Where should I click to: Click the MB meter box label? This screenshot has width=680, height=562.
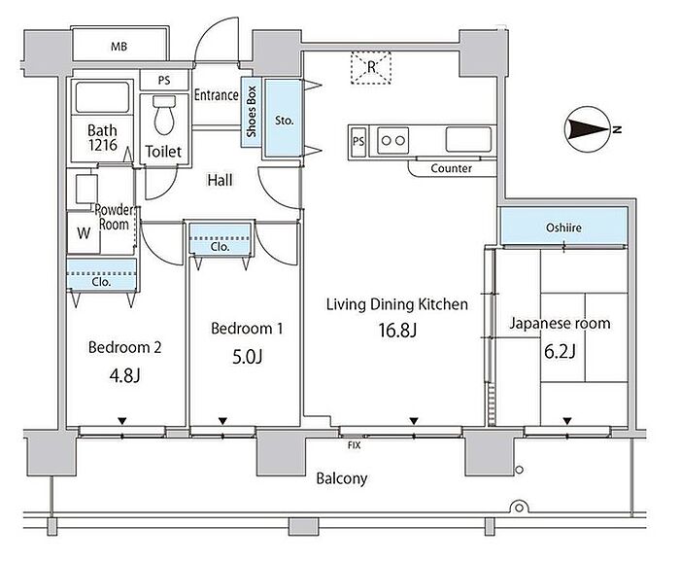(x=119, y=46)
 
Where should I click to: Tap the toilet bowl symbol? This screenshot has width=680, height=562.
(x=164, y=115)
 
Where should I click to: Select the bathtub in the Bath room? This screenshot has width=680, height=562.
(x=102, y=97)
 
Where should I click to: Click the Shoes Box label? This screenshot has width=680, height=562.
(x=252, y=112)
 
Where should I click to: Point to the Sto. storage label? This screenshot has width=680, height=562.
(x=284, y=121)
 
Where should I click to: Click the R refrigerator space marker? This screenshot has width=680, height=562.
(x=371, y=67)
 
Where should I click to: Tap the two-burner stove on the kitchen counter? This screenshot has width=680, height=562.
(x=392, y=141)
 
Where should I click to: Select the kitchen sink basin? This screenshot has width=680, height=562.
(x=468, y=139)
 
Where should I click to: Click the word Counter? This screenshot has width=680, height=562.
(x=452, y=168)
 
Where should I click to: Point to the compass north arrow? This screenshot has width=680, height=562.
(x=589, y=129)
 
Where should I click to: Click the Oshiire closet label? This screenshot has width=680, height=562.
(x=563, y=228)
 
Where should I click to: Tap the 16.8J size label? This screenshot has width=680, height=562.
(x=397, y=331)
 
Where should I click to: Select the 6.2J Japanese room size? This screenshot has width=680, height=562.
(x=560, y=351)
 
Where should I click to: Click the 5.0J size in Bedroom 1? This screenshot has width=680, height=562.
(x=248, y=357)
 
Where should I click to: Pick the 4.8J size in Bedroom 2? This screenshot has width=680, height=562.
(x=125, y=375)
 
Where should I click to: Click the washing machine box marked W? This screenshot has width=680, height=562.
(x=84, y=232)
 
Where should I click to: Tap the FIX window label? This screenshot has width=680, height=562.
(x=355, y=445)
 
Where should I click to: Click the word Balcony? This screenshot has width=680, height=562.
(x=342, y=478)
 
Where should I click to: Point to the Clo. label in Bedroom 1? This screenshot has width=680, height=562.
(x=220, y=247)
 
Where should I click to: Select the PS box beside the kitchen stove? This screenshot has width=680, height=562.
(x=358, y=141)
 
